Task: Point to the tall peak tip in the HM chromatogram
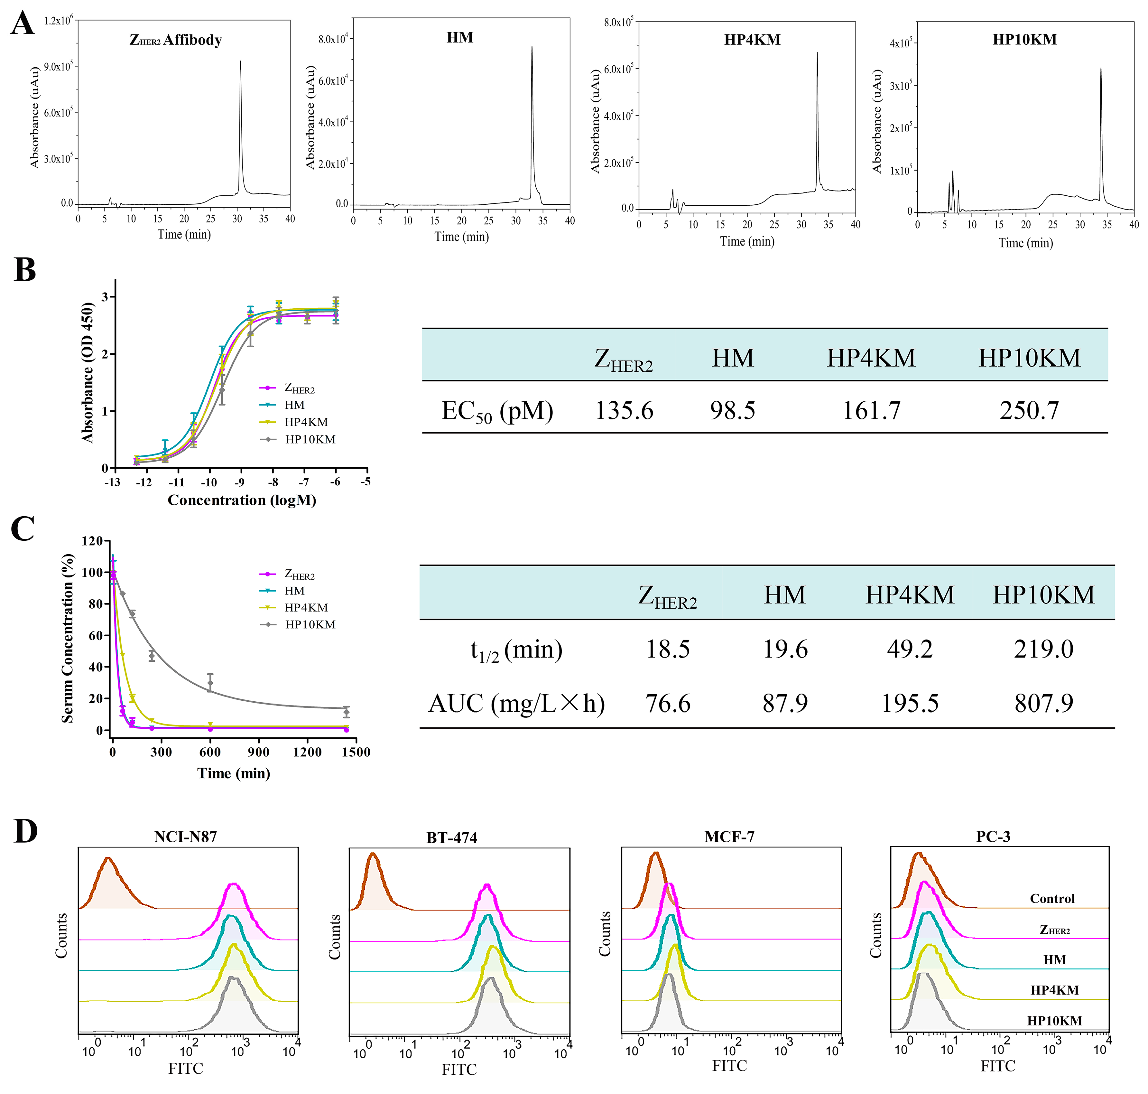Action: pyautogui.click(x=532, y=48)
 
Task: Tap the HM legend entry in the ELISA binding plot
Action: pyautogui.click(x=294, y=405)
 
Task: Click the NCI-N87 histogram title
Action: pyautogui.click(x=185, y=837)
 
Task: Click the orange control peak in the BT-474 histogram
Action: pyautogui.click(x=373, y=855)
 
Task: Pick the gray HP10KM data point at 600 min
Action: pyautogui.click(x=210, y=683)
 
